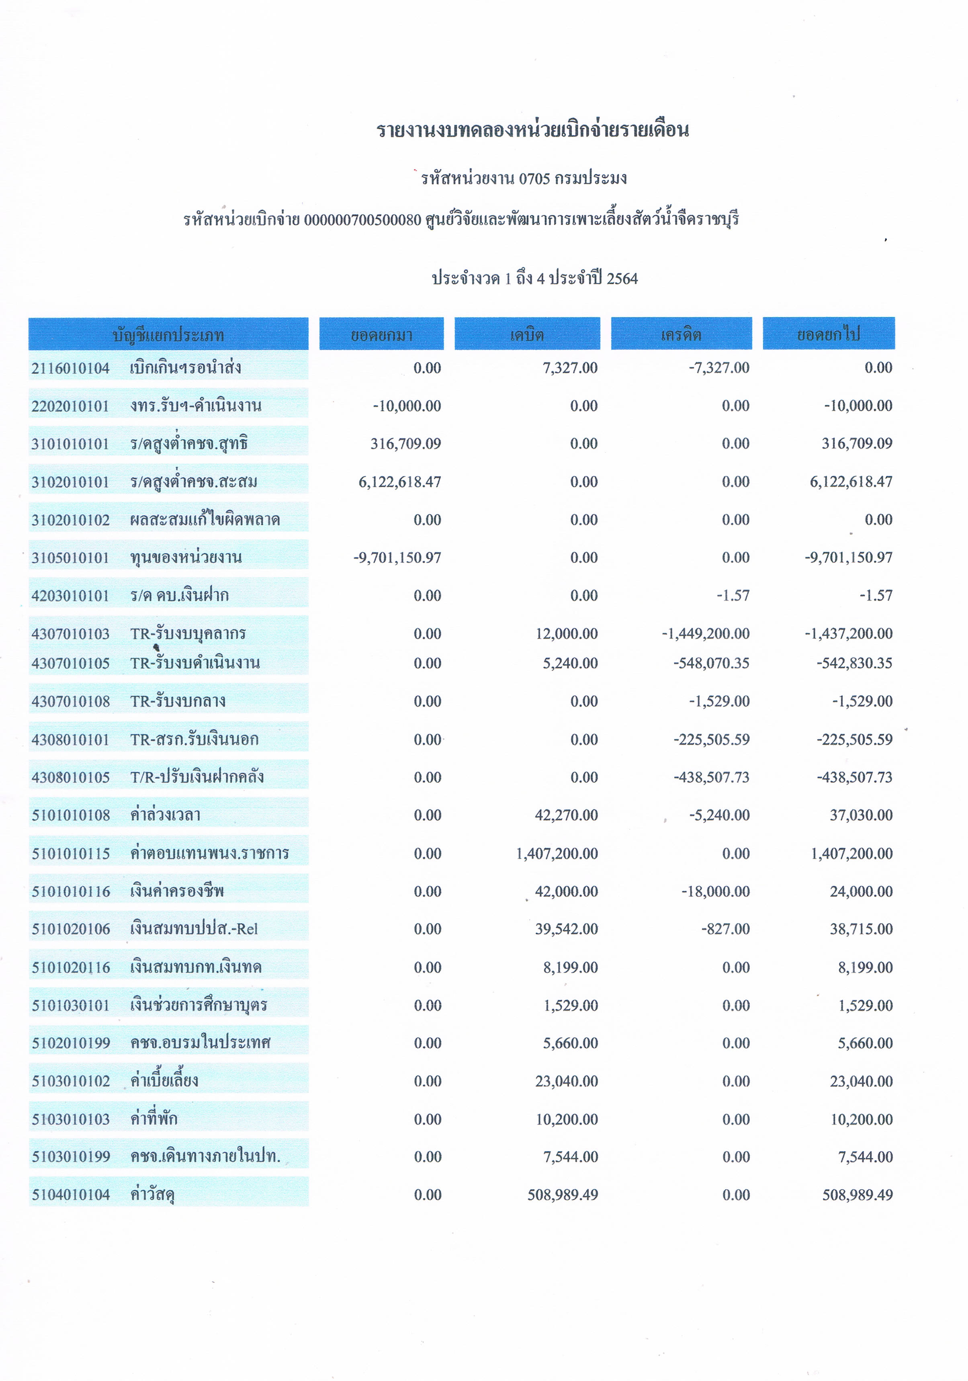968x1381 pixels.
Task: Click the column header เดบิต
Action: (527, 334)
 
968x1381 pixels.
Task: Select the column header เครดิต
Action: (681, 334)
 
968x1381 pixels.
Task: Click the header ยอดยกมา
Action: (381, 334)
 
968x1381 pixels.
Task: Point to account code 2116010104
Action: (70, 368)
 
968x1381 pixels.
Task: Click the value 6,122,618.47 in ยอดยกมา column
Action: (399, 482)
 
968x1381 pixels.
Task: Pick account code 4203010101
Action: (70, 596)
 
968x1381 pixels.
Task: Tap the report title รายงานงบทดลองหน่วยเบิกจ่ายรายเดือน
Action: (533, 130)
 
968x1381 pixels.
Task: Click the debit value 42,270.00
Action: (566, 815)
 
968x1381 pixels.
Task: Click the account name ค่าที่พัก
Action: (154, 1119)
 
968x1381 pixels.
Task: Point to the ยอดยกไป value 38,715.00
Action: (861, 929)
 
